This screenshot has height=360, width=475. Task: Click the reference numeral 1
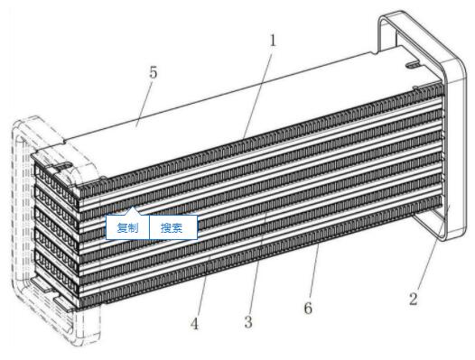click(x=274, y=41)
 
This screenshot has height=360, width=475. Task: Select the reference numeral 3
click(x=248, y=322)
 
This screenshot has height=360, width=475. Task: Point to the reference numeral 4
click(x=194, y=324)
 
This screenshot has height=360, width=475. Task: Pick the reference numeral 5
click(x=153, y=73)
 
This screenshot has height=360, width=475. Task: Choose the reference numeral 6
click(x=308, y=308)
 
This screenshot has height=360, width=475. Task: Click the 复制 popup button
click(x=127, y=227)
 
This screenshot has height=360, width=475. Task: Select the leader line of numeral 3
click(x=258, y=263)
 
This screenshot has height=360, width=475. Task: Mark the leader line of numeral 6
click(x=314, y=272)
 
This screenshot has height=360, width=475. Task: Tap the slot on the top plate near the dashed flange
click(x=63, y=166)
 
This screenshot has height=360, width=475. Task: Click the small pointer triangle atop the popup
click(x=134, y=211)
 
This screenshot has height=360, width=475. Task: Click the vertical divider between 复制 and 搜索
click(x=150, y=227)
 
